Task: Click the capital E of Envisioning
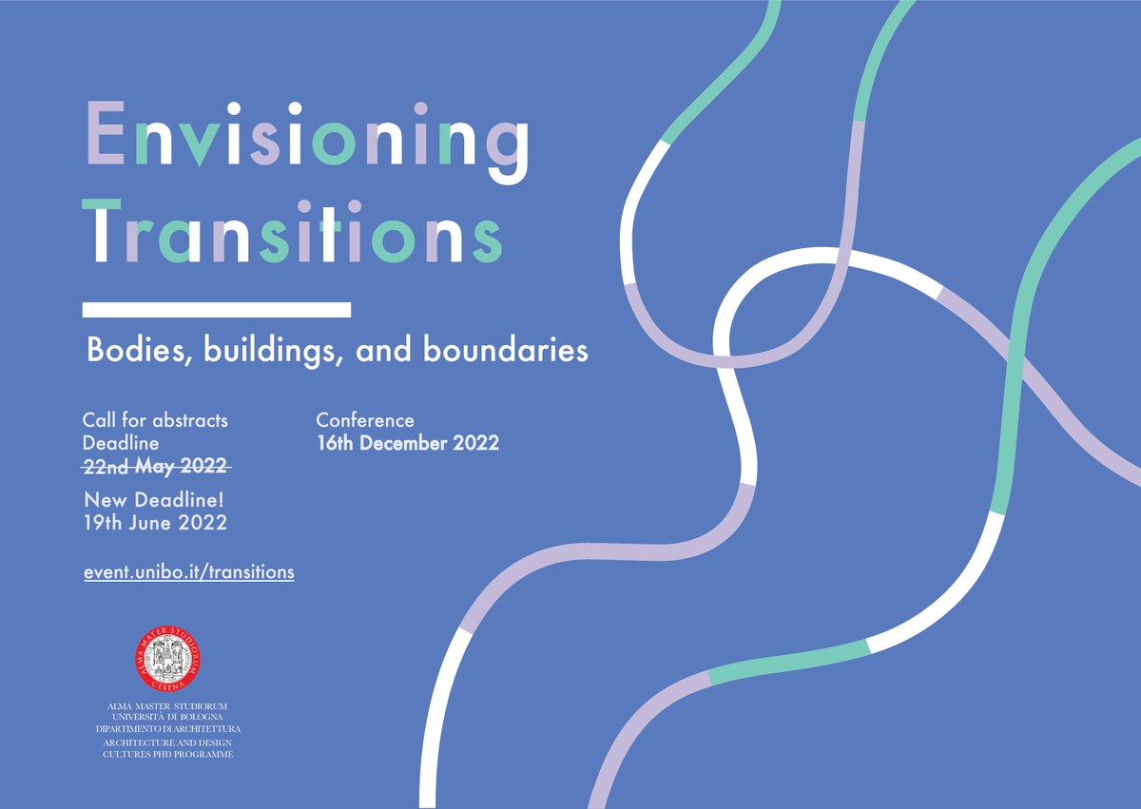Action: tap(106, 132)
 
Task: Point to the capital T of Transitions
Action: tap(102, 230)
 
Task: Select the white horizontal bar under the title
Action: tap(217, 310)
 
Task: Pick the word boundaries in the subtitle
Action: tap(506, 350)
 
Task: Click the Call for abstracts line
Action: tap(155, 420)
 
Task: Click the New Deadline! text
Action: tap(154, 500)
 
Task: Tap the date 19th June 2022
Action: tap(155, 523)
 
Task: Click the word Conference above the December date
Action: tap(365, 420)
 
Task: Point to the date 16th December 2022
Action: tap(408, 443)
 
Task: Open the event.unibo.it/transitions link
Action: tap(189, 572)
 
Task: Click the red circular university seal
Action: tap(167, 659)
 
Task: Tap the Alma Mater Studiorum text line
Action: tap(167, 706)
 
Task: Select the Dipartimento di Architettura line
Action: tap(168, 729)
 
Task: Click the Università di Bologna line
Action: tap(167, 717)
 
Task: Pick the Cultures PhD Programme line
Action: tap(168, 754)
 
